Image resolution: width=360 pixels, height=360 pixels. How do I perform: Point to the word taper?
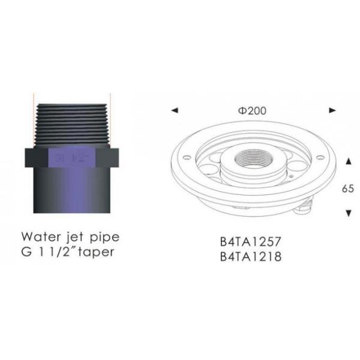click(x=94, y=251)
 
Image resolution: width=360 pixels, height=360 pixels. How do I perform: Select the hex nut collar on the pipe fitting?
click(x=72, y=157)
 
